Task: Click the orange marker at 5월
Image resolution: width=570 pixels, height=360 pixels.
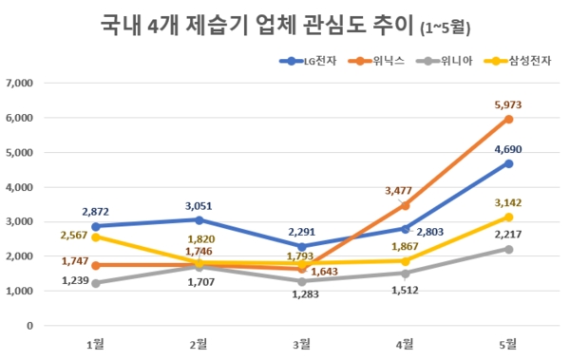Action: click(x=509, y=119)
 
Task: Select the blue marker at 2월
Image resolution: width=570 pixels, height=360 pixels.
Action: click(x=198, y=219)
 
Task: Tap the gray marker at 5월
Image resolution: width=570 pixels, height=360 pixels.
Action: click(x=509, y=249)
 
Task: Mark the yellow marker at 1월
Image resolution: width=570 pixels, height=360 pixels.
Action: click(x=94, y=237)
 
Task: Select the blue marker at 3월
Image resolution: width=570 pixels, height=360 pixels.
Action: click(x=301, y=246)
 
